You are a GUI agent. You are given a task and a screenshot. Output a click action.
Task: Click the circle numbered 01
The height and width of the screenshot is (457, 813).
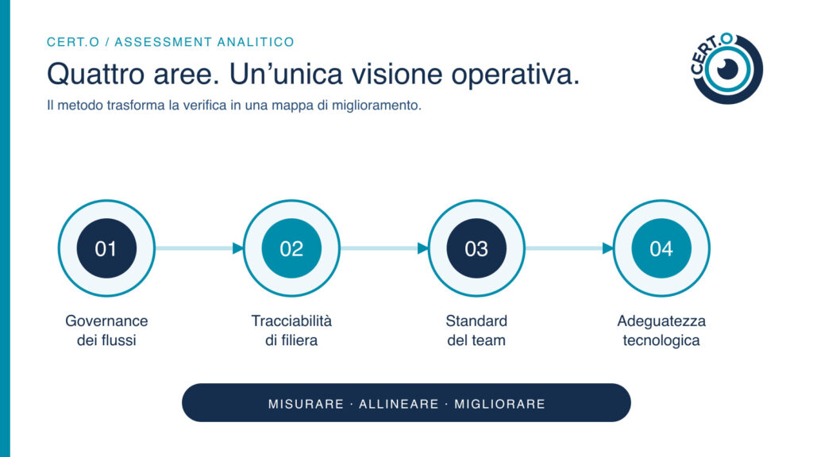[106, 248]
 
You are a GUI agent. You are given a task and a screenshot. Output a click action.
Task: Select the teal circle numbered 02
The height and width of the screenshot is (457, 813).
[291, 248]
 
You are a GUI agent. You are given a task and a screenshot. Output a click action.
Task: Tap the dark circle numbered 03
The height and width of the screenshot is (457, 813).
[476, 248]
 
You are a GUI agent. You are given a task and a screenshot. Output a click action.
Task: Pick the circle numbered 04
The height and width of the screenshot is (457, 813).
[661, 248]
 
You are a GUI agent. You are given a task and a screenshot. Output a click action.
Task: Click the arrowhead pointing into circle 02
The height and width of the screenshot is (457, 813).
[238, 248]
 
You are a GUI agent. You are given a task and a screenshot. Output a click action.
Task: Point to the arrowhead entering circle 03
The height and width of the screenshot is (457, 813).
[423, 248]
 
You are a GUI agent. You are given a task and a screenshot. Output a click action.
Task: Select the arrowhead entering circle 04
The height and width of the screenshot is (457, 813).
[607, 248]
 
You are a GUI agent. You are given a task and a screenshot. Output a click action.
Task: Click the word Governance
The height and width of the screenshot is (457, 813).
[106, 321]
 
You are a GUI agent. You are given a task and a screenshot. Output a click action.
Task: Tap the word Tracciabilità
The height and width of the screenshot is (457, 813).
[291, 321]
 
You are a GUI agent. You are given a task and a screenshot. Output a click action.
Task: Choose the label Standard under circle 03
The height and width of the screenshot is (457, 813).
[476, 321]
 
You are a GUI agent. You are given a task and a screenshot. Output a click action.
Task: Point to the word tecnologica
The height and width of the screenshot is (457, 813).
[661, 341]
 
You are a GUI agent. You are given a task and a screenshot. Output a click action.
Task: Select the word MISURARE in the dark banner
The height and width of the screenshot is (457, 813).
[306, 404]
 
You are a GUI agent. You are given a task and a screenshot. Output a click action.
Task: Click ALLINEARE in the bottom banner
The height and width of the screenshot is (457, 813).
[399, 404]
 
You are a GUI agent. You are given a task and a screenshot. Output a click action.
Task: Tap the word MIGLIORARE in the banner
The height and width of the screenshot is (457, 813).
[500, 404]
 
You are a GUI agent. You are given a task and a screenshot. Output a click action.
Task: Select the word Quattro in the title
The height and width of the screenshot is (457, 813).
[96, 74]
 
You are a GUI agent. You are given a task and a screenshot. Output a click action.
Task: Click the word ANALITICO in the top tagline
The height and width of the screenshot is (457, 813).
[256, 42]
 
